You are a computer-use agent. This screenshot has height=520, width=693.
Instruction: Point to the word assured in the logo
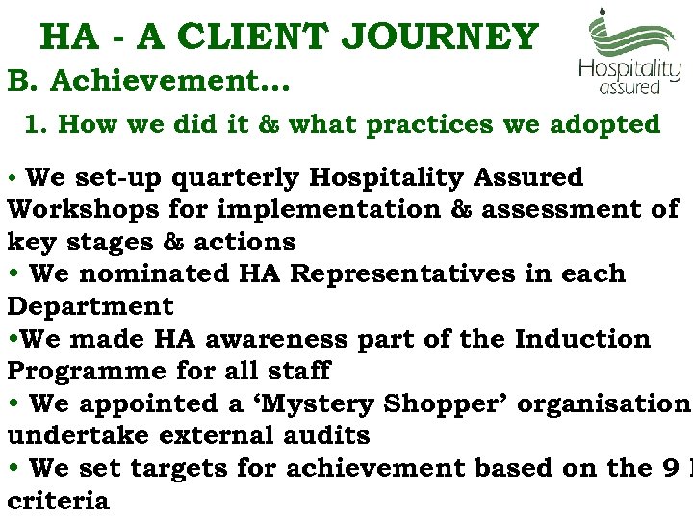point(629,88)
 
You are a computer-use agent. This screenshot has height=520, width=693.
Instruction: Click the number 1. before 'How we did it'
point(37,124)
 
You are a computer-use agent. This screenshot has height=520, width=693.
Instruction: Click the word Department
point(90,306)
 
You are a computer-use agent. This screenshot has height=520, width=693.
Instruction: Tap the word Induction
point(583,339)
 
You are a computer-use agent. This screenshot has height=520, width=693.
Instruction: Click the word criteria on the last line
point(58,501)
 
